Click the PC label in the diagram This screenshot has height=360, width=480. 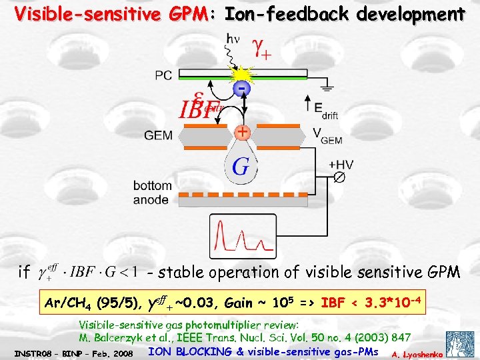pos(163,75)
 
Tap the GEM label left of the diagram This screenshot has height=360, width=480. pos(158,135)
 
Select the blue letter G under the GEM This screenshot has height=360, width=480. pos(241,167)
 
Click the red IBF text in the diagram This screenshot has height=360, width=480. pos(199,107)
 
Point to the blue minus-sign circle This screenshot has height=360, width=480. pos(241,89)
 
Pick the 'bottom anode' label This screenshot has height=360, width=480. pos(153,192)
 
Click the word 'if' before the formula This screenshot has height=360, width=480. pos(24,271)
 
